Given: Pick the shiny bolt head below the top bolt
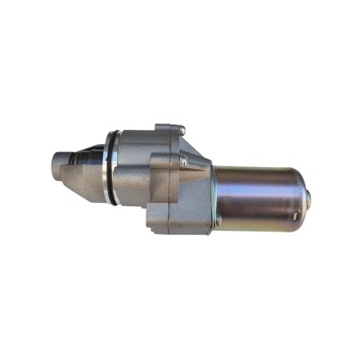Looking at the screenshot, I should click(183, 161).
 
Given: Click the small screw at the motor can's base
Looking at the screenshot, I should click(218, 219).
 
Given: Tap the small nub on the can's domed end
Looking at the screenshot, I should click(308, 196).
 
